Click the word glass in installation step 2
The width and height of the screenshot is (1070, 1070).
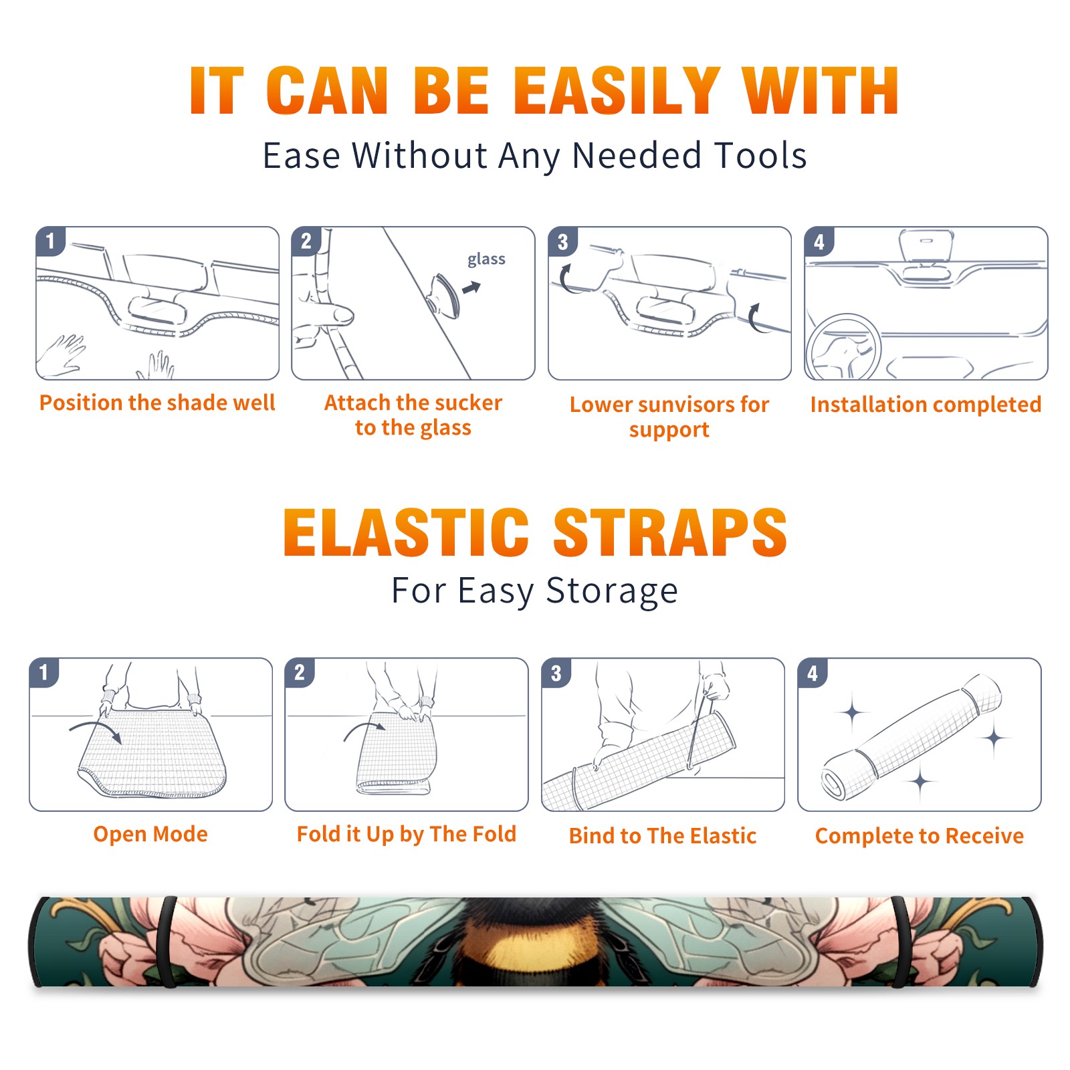486,259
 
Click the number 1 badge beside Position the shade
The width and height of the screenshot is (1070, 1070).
51,241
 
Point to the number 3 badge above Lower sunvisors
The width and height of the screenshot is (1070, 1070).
562,241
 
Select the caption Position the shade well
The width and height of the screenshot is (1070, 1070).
157,403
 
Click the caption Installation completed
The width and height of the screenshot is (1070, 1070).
926,405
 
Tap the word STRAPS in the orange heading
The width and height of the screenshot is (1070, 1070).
670,532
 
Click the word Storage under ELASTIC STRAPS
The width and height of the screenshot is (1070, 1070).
612,591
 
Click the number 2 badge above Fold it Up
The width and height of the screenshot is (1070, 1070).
300,672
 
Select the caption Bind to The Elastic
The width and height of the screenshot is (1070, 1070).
662,836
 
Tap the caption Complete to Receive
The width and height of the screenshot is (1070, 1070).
919,836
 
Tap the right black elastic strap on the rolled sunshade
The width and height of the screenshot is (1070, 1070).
900,942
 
